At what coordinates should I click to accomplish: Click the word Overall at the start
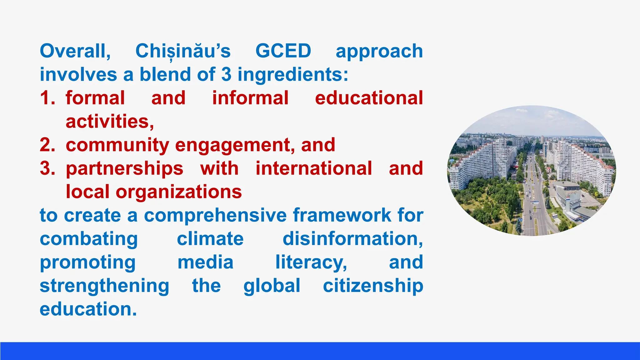pos(75,51)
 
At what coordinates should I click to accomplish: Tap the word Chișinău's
pos(183,51)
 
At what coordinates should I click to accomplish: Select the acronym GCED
pos(283,51)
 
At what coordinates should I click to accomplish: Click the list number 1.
pos(47,98)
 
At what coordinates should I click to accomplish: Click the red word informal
pos(250,98)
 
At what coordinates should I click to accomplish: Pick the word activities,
pos(110,122)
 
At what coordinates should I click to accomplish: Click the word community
pos(117,146)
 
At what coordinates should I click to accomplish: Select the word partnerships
pos(124,169)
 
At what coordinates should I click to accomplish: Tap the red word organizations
pos(179,192)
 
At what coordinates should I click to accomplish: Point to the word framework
pos(342,215)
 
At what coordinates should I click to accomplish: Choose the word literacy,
pos(311,262)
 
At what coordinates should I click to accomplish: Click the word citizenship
pos(373,286)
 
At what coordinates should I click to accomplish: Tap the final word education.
pos(88,309)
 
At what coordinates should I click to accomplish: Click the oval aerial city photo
pos(532,171)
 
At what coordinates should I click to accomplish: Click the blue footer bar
pos(320,351)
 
